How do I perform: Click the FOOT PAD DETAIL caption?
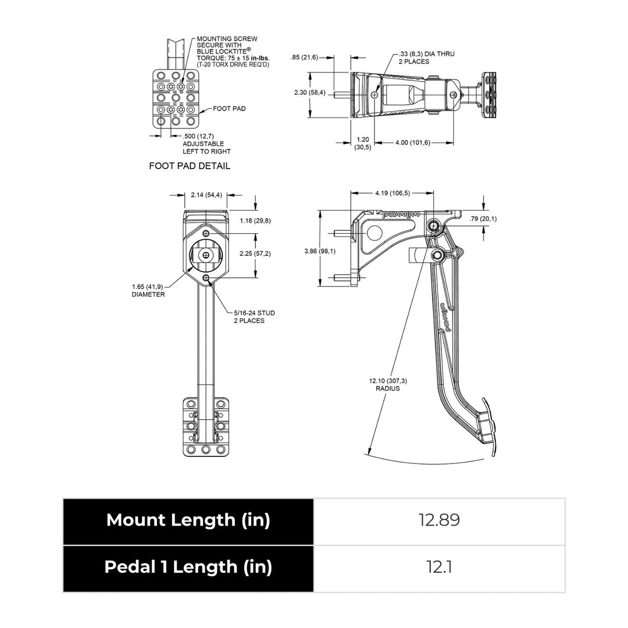point(190,166)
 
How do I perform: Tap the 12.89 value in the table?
point(439,520)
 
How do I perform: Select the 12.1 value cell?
point(439,567)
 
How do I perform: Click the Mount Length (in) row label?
point(188,520)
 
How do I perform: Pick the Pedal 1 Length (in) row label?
point(188,567)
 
